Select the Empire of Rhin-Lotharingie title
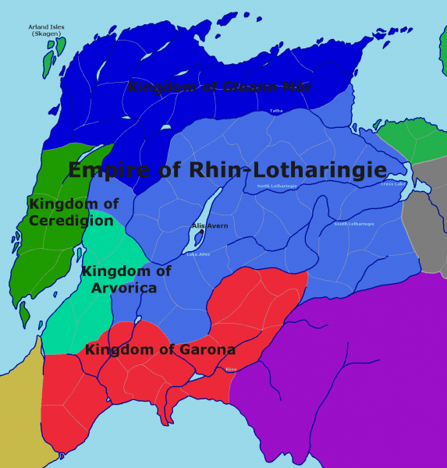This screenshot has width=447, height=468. pyautogui.click(x=227, y=170)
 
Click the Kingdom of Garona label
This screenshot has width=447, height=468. pyautogui.click(x=160, y=349)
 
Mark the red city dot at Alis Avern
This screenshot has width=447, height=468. pyautogui.click(x=202, y=232)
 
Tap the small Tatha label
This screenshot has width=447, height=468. pyautogui.click(x=276, y=112)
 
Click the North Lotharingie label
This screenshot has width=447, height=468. pyautogui.click(x=277, y=186)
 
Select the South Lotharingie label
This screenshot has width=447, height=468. pyautogui.click(x=354, y=224)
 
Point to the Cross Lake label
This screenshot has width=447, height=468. pyautogui.click(x=393, y=184)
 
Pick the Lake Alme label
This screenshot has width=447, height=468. pyautogui.click(x=198, y=254)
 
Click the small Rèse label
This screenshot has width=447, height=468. pyautogui.click(x=230, y=370)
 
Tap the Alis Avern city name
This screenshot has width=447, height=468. pyautogui.click(x=211, y=226)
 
